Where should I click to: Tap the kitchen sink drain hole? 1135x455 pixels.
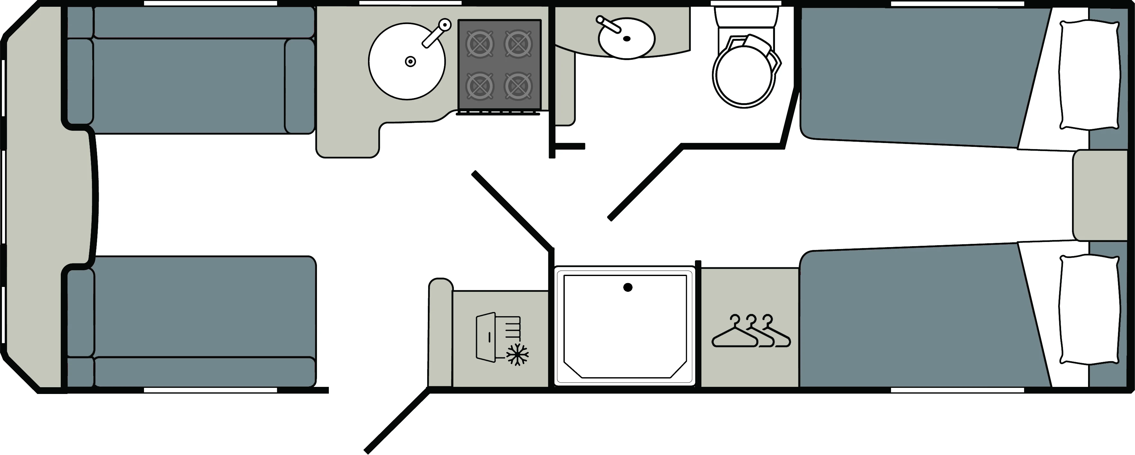pyautogui.click(x=410, y=62)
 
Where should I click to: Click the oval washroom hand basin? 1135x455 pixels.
pyautogui.click(x=626, y=38)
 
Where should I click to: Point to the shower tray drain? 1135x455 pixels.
pyautogui.click(x=628, y=288)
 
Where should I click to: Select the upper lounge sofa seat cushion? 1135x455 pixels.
pyautogui.click(x=189, y=86)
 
